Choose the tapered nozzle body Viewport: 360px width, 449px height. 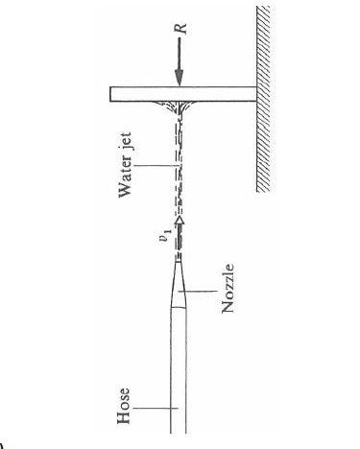180,283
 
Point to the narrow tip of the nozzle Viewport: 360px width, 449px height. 179,260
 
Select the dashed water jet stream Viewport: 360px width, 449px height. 179,173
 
